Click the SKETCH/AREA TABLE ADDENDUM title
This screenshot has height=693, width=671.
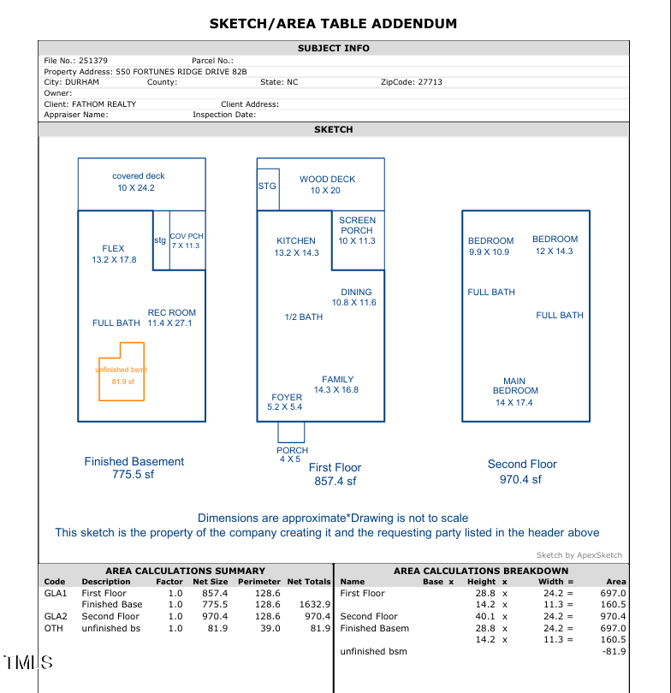click(x=334, y=24)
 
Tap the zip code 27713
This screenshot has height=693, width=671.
click(x=430, y=82)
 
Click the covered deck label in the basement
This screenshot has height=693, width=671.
click(x=138, y=176)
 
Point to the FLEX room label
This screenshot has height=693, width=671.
click(x=113, y=249)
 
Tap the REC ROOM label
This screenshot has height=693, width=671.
click(x=171, y=313)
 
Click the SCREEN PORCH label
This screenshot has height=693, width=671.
click(x=357, y=225)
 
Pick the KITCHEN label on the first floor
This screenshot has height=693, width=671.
click(x=296, y=241)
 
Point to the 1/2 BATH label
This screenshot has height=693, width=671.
click(x=304, y=317)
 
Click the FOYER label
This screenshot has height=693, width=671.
click(x=286, y=398)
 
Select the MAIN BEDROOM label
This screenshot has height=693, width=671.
click(x=514, y=386)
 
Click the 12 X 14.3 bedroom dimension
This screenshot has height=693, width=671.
click(x=555, y=252)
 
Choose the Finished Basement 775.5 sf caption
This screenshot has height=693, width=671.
click(x=134, y=468)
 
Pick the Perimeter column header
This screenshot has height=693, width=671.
click(x=258, y=582)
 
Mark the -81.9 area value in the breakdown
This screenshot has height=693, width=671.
click(x=614, y=651)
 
